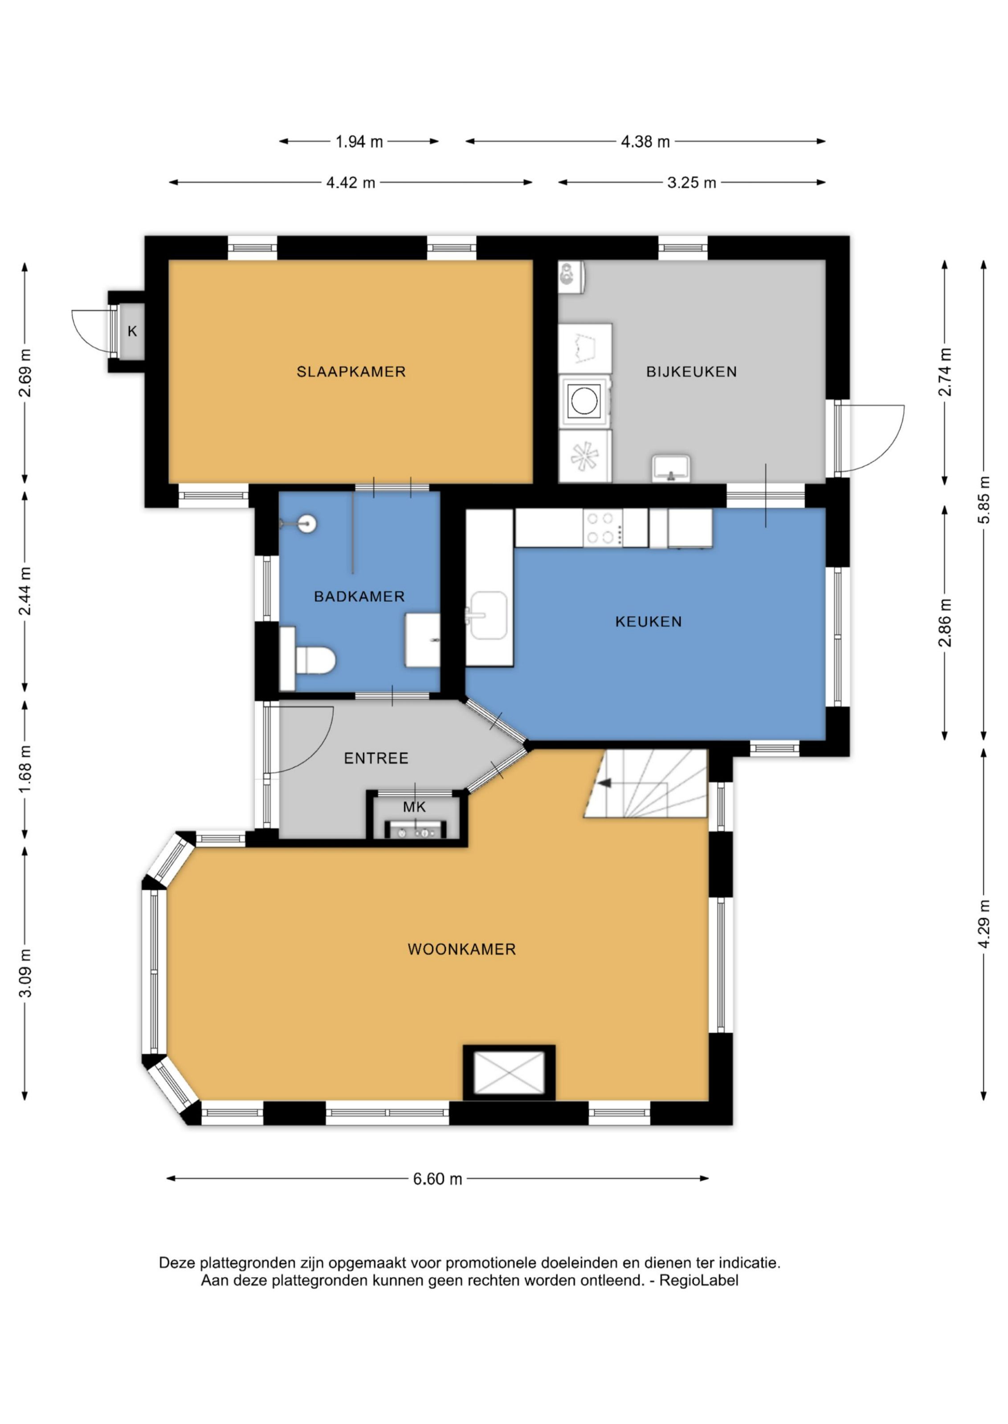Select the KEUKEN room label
648,622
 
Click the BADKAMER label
359,597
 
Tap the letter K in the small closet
132,331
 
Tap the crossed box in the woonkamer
509,1073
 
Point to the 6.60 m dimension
437,1178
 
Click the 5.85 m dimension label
984,500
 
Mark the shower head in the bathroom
306,524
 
